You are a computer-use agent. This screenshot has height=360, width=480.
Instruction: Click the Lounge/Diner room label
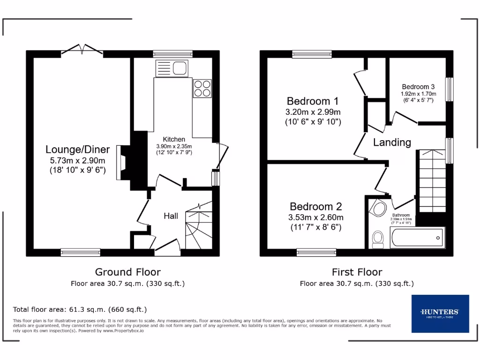(77, 150)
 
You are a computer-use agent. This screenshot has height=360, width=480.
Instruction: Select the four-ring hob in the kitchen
(202, 88)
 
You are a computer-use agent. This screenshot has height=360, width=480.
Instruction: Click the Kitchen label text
(174, 139)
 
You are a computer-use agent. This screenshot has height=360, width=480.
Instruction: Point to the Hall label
(171, 216)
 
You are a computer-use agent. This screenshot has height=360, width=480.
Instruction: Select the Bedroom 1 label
(313, 101)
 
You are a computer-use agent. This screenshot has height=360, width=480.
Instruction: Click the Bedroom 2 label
(315, 207)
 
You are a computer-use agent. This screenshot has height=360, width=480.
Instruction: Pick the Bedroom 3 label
(418, 87)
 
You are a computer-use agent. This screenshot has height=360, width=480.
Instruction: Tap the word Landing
(392, 142)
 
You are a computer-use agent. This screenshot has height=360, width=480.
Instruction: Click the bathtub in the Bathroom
(417, 238)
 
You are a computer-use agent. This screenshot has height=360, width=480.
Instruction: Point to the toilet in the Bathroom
(377, 240)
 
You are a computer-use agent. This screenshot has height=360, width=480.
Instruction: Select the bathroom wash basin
(378, 208)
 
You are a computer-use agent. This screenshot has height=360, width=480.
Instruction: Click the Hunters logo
(440, 313)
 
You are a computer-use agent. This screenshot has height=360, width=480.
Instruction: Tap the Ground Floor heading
(127, 272)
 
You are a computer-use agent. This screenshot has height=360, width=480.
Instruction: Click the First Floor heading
(357, 272)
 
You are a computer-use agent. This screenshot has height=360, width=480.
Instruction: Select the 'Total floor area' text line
(80, 309)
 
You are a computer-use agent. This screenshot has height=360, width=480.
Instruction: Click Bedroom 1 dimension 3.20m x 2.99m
(313, 112)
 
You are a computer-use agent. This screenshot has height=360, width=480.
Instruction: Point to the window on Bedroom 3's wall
(449, 89)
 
